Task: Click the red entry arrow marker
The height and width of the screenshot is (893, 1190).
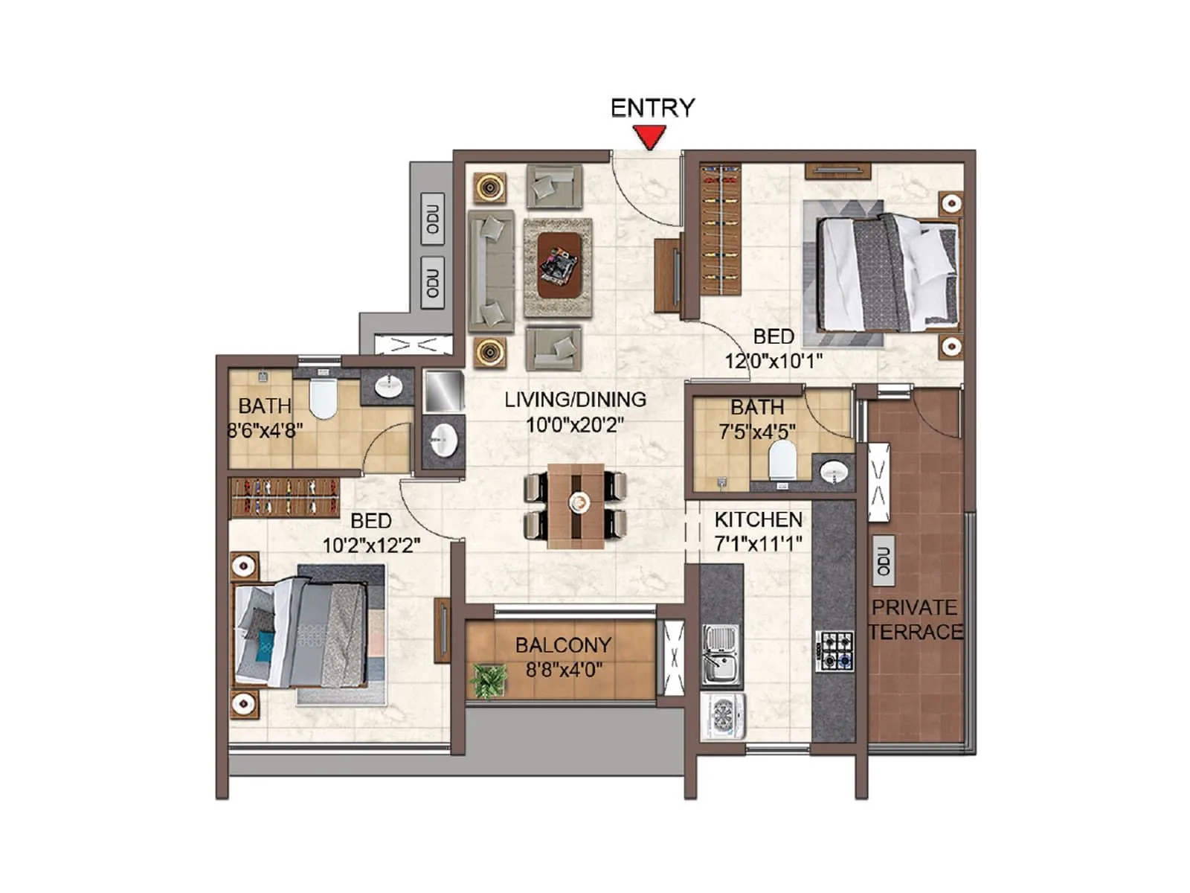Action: click(650, 137)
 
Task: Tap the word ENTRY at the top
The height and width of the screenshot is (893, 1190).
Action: click(652, 108)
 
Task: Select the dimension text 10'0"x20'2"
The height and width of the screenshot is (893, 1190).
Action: click(574, 425)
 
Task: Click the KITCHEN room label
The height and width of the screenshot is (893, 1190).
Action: click(758, 519)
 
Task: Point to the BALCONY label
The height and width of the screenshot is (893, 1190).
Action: click(563, 645)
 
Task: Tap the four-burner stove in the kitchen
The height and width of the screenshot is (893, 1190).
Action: click(835, 650)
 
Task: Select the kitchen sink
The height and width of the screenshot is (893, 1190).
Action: click(720, 654)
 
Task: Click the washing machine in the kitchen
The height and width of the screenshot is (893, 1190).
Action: click(723, 716)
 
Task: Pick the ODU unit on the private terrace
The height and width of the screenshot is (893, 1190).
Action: click(883, 560)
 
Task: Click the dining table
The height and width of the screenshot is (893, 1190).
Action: click(576, 506)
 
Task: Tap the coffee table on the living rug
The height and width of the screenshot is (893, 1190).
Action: click(559, 266)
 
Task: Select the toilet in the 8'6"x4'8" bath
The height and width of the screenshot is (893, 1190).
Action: click(323, 399)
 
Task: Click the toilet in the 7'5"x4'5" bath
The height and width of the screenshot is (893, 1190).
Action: click(782, 460)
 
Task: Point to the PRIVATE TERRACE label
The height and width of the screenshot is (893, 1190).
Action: click(914, 619)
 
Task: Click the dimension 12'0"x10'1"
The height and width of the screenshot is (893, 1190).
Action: click(773, 361)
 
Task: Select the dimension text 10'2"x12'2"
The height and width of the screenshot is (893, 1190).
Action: click(370, 545)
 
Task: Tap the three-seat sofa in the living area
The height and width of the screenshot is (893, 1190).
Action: click(490, 270)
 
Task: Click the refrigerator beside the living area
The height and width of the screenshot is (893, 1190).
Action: click(444, 391)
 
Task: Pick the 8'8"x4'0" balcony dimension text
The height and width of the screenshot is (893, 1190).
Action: click(563, 670)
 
